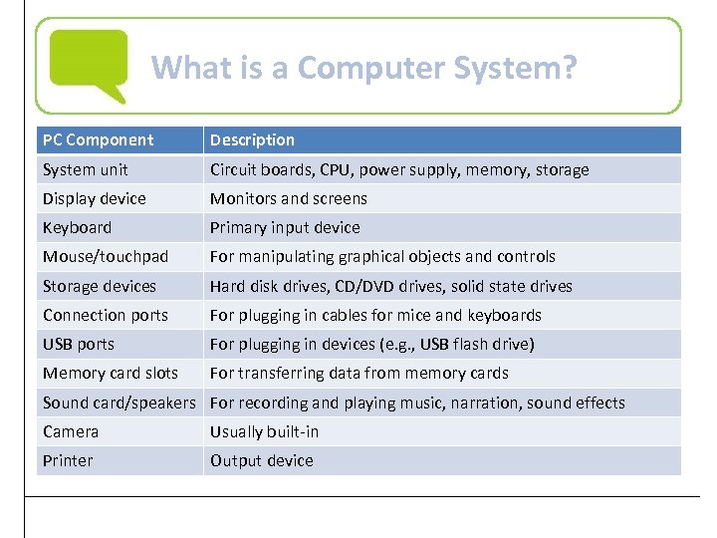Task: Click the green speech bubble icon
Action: [89, 64]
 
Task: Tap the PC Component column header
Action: [98, 140]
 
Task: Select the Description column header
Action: [252, 140]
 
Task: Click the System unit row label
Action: [85, 170]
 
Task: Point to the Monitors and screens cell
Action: [288, 199]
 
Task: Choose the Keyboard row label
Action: [77, 228]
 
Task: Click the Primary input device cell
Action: [285, 228]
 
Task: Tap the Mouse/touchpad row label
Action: [106, 257]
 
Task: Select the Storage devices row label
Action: [99, 287]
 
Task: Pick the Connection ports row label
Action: [105, 316]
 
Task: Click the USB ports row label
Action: [78, 345]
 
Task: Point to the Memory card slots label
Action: [110, 374]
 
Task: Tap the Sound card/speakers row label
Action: [119, 403]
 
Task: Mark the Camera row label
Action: [70, 432]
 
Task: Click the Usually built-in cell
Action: [264, 432]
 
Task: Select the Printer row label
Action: [67, 461]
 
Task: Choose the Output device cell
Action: [261, 461]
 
